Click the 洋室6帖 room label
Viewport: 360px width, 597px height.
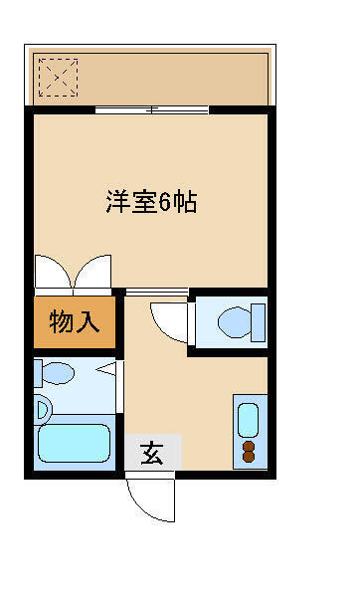151,202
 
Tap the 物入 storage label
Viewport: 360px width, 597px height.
75,323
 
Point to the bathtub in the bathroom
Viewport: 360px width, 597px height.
74,443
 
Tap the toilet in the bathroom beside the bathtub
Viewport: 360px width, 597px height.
56,373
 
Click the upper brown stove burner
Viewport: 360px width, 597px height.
248,446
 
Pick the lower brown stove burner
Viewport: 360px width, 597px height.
248,459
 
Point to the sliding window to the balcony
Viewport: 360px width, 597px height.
152,108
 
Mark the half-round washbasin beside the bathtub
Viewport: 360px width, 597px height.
42,408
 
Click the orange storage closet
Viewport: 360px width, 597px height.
75,323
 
